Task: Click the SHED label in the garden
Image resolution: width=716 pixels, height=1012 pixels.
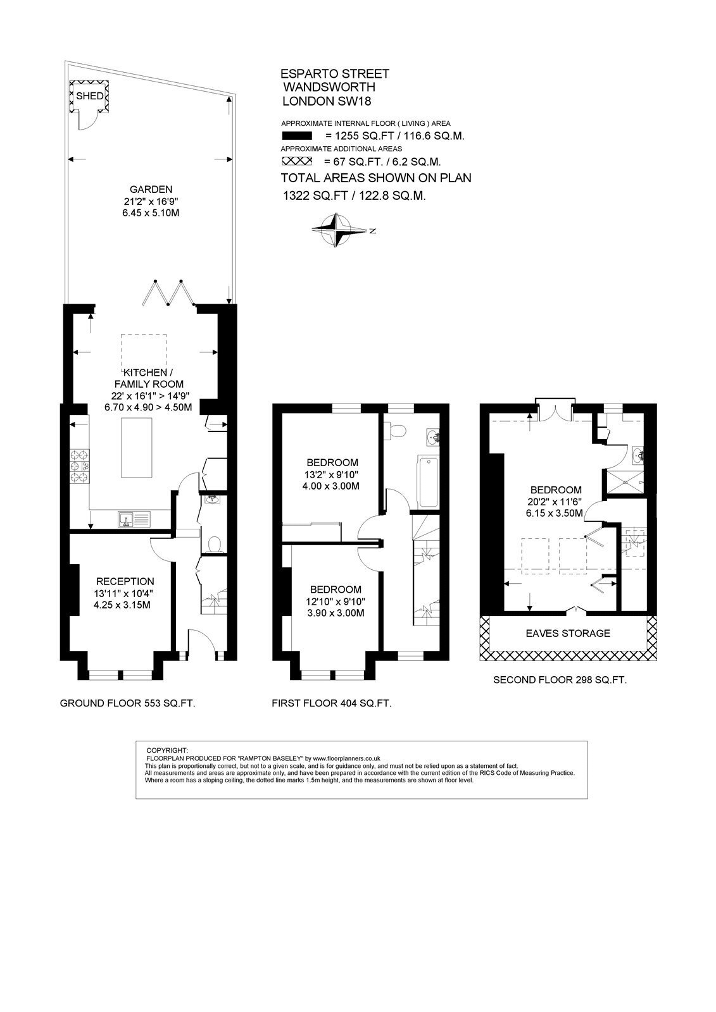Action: click(x=89, y=96)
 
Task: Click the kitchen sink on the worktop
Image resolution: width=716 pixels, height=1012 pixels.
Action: click(x=134, y=519)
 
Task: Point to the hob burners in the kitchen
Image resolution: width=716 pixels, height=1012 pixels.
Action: click(x=79, y=466)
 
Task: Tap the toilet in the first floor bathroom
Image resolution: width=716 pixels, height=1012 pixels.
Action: click(x=394, y=431)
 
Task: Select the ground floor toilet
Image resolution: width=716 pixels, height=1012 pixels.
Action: click(x=213, y=545)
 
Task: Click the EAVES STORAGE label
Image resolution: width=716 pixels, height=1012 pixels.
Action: click(x=568, y=633)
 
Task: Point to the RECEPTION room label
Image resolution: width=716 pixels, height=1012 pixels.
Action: click(x=125, y=581)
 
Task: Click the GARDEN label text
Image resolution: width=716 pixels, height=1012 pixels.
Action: click(x=151, y=189)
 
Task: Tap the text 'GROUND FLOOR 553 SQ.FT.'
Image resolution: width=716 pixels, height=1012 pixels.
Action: click(x=127, y=703)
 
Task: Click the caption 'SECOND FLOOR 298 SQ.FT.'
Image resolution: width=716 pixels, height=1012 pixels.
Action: click(x=560, y=680)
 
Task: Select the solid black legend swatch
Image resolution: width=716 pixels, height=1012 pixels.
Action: click(x=297, y=135)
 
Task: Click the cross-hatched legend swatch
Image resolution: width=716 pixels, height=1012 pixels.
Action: click(x=297, y=161)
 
